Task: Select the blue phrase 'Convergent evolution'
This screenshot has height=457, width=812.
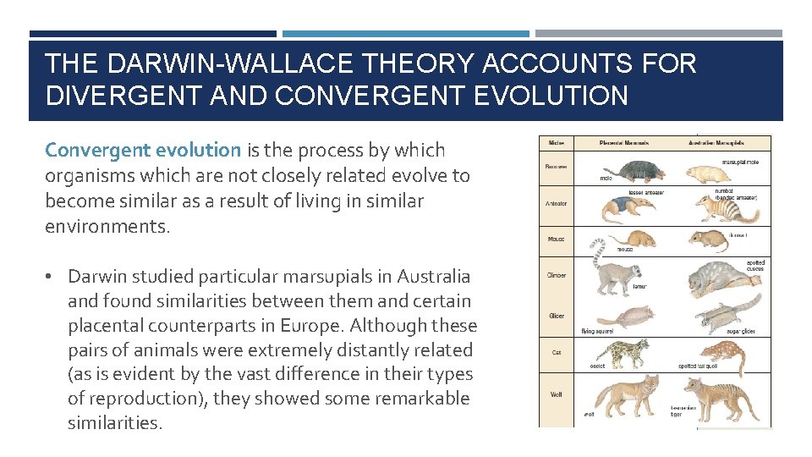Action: click(143, 150)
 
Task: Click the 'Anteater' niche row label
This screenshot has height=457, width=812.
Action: click(557, 203)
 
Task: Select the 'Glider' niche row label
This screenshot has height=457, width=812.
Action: click(556, 317)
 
